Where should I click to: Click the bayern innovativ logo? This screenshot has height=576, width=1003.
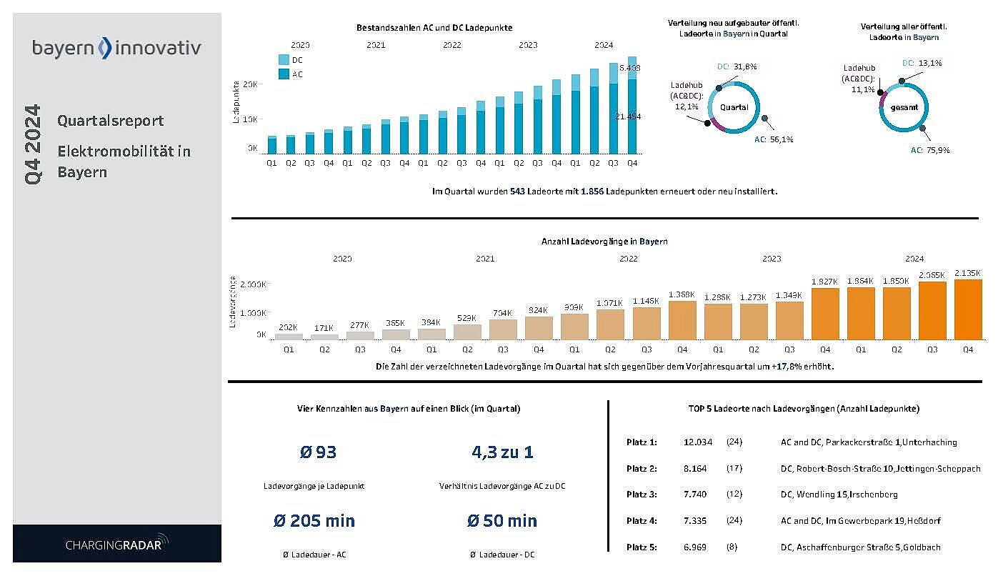[x=116, y=48]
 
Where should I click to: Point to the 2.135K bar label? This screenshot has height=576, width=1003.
[x=968, y=272]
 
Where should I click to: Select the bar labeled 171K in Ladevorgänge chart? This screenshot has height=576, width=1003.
[x=324, y=336]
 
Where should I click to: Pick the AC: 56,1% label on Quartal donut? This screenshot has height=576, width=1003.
[x=774, y=139]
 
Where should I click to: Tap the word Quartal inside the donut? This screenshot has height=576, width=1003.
[x=734, y=107]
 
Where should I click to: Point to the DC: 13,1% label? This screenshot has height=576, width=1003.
[x=922, y=63]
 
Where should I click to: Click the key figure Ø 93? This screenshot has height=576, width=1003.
[x=318, y=452]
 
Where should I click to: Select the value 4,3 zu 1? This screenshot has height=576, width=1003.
[x=502, y=452]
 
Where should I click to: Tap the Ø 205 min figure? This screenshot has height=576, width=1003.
[x=314, y=520]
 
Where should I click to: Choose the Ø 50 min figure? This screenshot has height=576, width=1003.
[x=501, y=520]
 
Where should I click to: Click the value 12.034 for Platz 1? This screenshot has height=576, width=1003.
[x=697, y=442]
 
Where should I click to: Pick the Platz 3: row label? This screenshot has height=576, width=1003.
[x=641, y=495]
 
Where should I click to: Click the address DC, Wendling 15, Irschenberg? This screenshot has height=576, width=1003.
[x=839, y=495]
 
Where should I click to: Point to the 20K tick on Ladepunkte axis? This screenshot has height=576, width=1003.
[x=250, y=84]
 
